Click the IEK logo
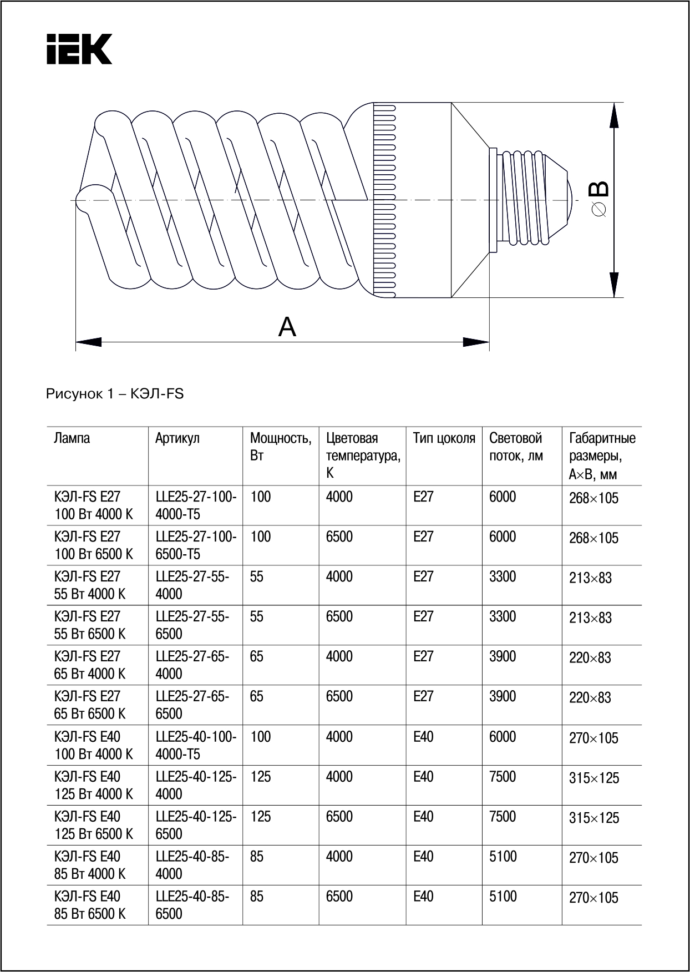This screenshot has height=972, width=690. pyautogui.click(x=79, y=49)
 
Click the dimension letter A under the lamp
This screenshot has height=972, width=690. pyautogui.click(x=287, y=327)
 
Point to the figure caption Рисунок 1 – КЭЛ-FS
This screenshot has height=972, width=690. pyautogui.click(x=115, y=394)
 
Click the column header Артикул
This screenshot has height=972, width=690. pyautogui.click(x=177, y=438)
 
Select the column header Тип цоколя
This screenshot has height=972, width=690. pyautogui.click(x=444, y=438)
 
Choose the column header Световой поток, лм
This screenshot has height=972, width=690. pyautogui.click(x=516, y=447)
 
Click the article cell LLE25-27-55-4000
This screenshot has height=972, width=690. pyautogui.click(x=192, y=585)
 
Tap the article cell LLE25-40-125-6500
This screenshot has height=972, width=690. pyautogui.click(x=196, y=825)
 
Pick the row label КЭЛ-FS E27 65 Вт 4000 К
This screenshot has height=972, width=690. pyautogui.click(x=90, y=665)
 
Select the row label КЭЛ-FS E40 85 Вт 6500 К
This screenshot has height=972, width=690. pyautogui.click(x=90, y=905)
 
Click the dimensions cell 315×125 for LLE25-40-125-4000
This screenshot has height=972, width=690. pyautogui.click(x=593, y=778)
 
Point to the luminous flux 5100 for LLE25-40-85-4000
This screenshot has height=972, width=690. pyautogui.click(x=503, y=857)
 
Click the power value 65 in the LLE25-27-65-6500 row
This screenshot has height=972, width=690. pyautogui.click(x=257, y=696)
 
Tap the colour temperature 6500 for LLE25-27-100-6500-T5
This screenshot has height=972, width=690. pyautogui.click(x=339, y=536)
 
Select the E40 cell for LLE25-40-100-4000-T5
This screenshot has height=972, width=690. pyautogui.click(x=423, y=737)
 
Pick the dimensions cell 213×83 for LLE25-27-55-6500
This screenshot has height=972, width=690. pyautogui.click(x=590, y=617)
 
